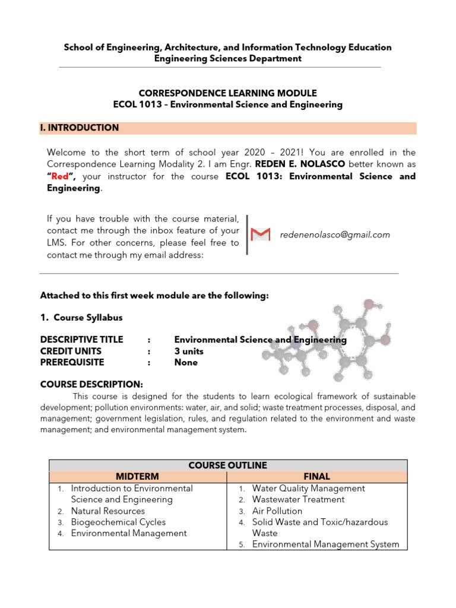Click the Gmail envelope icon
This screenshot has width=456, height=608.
261,235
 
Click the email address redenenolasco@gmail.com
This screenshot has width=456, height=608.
335,235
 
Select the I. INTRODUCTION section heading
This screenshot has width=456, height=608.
80,128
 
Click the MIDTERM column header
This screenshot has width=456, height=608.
137,476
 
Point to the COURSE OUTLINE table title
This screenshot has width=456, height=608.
228,465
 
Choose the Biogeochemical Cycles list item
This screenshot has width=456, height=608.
118,522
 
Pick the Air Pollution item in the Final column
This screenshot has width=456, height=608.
277,511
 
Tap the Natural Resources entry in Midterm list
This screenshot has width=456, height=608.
107,511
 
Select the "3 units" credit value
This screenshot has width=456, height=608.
189,351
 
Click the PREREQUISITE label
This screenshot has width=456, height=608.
72,362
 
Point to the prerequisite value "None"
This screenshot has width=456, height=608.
186,362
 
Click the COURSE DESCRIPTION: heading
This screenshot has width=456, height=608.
91,384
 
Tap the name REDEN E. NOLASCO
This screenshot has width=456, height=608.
300,163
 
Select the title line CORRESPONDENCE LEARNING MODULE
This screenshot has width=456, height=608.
228,93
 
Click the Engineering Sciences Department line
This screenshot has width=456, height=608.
228,58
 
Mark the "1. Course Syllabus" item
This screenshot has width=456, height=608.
81,318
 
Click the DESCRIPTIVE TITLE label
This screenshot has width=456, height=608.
81,340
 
